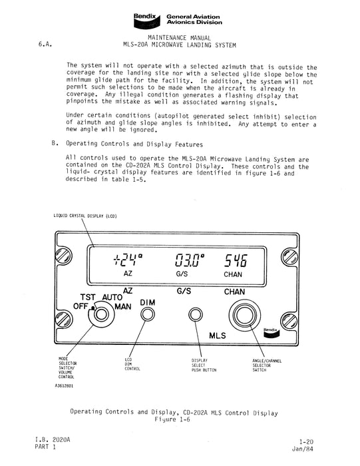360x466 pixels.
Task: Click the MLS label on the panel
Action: [x=220, y=336]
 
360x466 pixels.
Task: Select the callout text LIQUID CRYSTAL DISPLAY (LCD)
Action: [x=87, y=217]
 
